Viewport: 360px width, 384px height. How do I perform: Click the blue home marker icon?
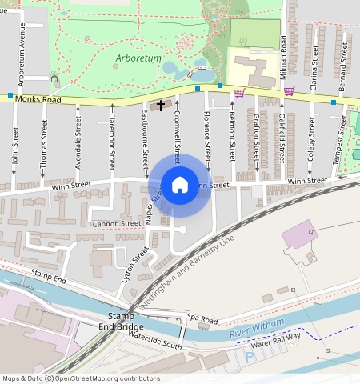pos(180,185)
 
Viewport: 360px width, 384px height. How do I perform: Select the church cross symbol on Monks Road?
pos(161,105)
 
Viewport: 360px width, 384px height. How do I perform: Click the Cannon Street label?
pos(116,223)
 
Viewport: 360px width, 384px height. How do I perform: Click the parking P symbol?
pos(249,357)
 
